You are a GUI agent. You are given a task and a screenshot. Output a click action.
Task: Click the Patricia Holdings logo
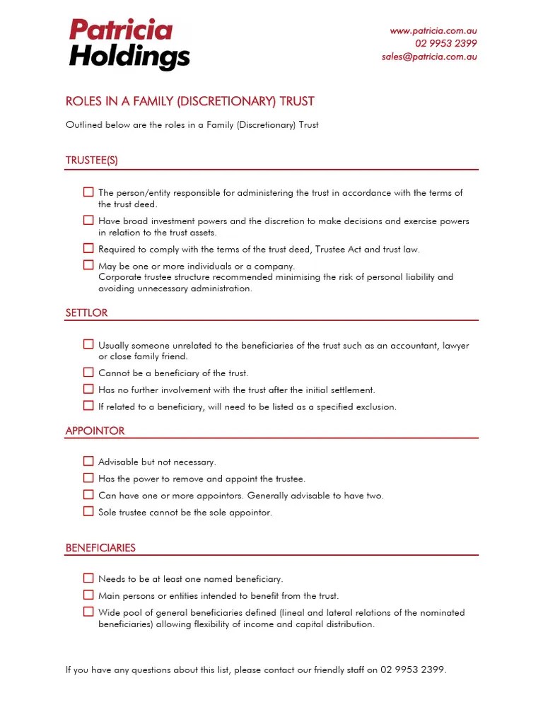(129, 44)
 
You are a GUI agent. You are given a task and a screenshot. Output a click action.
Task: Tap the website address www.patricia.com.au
(433, 31)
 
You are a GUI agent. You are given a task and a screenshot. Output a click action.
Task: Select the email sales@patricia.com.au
(429, 57)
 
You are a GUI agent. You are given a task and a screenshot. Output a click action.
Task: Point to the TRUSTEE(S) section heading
(92, 160)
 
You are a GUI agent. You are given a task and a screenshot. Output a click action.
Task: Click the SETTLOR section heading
(86, 313)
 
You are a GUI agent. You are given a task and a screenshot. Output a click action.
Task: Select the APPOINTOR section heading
(95, 431)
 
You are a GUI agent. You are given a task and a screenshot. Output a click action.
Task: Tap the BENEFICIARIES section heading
(100, 548)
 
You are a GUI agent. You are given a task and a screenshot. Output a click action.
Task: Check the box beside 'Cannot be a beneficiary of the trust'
(88, 372)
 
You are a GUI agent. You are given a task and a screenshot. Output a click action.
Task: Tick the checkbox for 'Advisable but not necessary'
(88, 461)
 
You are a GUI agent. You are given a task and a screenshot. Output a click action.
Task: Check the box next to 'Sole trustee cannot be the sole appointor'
(88, 511)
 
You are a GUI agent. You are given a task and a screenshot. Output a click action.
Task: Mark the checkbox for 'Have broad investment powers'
(88, 221)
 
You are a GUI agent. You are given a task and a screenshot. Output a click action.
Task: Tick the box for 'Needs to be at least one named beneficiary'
(88, 578)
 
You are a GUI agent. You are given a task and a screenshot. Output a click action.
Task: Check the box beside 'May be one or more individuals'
(88, 265)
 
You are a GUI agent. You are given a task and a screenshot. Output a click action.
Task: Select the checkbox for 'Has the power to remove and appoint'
(88, 478)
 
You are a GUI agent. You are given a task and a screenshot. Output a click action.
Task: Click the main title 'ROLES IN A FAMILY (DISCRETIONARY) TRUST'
(189, 102)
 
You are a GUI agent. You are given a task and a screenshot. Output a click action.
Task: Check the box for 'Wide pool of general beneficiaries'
(88, 612)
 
